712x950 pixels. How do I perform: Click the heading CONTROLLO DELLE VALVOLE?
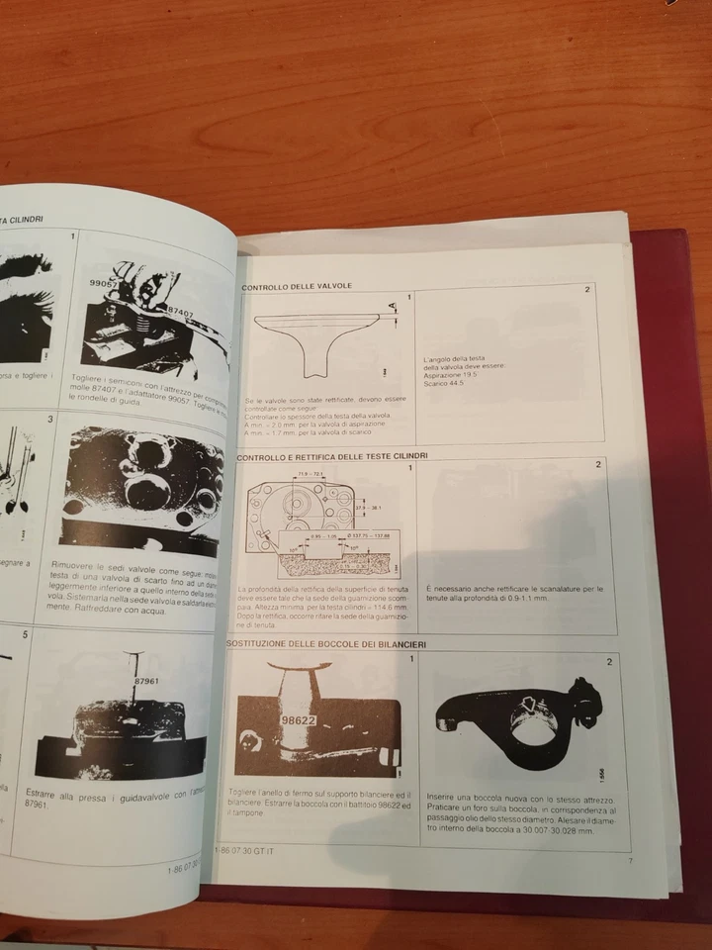point(297,286)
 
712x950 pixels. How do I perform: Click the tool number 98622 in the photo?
point(297,721)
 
